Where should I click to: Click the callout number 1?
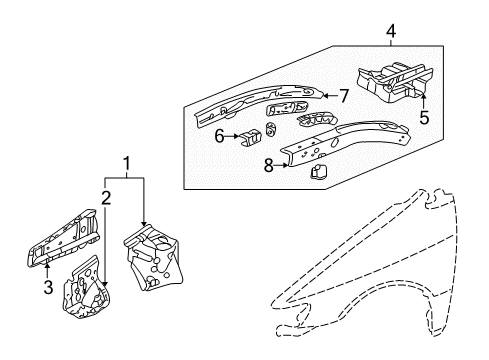tap(126, 163)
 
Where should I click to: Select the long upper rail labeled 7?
tap(260, 101)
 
